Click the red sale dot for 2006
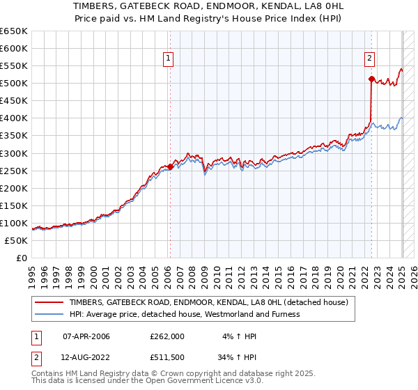click(170, 166)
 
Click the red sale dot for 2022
click(371, 79)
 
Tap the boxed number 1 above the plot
click(169, 58)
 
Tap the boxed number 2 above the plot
click(370, 58)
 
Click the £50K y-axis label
click(16, 240)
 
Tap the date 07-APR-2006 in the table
click(86, 336)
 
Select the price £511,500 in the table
click(167, 357)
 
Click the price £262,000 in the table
click(167, 336)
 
